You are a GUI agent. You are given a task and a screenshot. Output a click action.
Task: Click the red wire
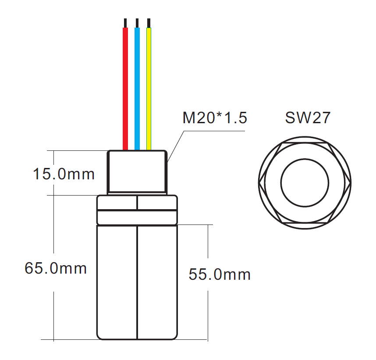pyautogui.click(x=125, y=88)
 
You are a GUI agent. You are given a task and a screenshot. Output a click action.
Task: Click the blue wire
pyautogui.click(x=137, y=88)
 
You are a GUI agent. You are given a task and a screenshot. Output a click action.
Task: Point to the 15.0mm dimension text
pyautogui.click(x=64, y=174)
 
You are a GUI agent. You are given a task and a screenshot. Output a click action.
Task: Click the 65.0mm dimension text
pyautogui.click(x=56, y=268)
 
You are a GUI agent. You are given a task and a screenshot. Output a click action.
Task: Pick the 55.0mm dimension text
pyautogui.click(x=220, y=274)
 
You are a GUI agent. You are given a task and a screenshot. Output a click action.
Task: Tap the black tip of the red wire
pyautogui.click(x=125, y=23)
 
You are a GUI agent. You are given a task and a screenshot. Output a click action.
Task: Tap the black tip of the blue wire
pyautogui.click(x=137, y=23)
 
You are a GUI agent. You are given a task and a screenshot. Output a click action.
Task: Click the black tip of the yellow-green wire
pyautogui.click(x=149, y=23)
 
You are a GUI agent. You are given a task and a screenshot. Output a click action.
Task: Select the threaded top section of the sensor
pyautogui.click(x=137, y=171)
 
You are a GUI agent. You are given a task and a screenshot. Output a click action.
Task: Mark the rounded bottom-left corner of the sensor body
pyautogui.click(x=99, y=336)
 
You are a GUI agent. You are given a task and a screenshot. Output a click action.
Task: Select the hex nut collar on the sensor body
pyautogui.click(x=137, y=210)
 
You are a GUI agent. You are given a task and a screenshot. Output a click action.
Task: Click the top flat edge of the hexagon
pyautogui.click(x=305, y=143)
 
